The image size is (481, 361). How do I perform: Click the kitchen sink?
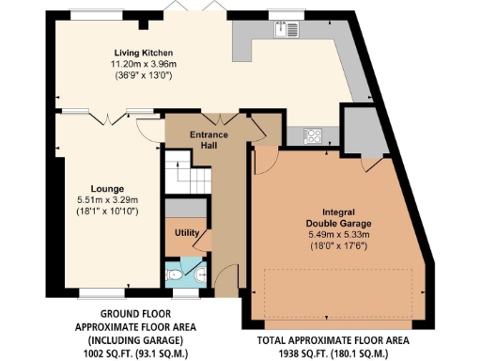[286, 29]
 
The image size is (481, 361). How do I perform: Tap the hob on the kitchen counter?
[313, 134]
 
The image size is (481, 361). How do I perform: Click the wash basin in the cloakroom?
[200, 276]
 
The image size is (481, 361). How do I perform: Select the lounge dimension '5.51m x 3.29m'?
[107, 199]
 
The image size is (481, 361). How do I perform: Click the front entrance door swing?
[222, 278]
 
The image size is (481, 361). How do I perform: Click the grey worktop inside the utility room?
[183, 208]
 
